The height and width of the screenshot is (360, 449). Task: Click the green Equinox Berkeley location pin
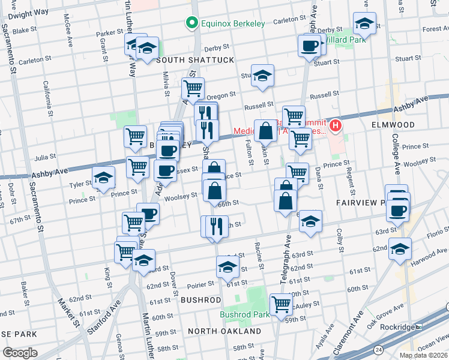(192, 23)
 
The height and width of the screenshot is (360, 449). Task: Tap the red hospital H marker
(336, 127)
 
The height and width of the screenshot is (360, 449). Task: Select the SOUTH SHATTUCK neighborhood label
(194, 61)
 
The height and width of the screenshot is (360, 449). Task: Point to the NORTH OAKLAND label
(224, 331)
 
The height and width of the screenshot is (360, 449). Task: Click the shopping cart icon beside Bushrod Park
(281, 304)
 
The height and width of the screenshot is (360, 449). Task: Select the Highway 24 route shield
(379, 349)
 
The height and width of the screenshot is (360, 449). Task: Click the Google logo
(20, 352)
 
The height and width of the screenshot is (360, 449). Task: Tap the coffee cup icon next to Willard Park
(310, 44)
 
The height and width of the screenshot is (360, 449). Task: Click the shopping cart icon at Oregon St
(193, 88)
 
